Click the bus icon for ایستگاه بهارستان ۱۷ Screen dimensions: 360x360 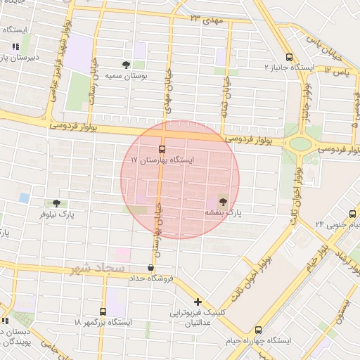pos(162,149)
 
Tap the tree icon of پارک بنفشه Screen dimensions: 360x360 pos(224,201)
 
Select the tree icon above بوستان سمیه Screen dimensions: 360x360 pos(126,64)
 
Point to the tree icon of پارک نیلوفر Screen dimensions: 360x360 pos(56,203)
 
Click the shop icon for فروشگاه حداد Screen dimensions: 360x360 pos(150,267)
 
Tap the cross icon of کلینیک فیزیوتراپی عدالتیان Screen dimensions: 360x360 pos(198,302)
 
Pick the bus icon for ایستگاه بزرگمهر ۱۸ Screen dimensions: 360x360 pos(103,311)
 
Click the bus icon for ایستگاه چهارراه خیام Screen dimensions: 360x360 pos(258,329)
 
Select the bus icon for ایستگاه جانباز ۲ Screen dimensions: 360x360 pos(290,57)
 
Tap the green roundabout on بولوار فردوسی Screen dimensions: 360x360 pos(300,144)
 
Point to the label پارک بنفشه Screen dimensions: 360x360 pos(223,212)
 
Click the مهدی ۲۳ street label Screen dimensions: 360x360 pos(205,19)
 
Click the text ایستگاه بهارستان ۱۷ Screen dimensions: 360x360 pos(162,160)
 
